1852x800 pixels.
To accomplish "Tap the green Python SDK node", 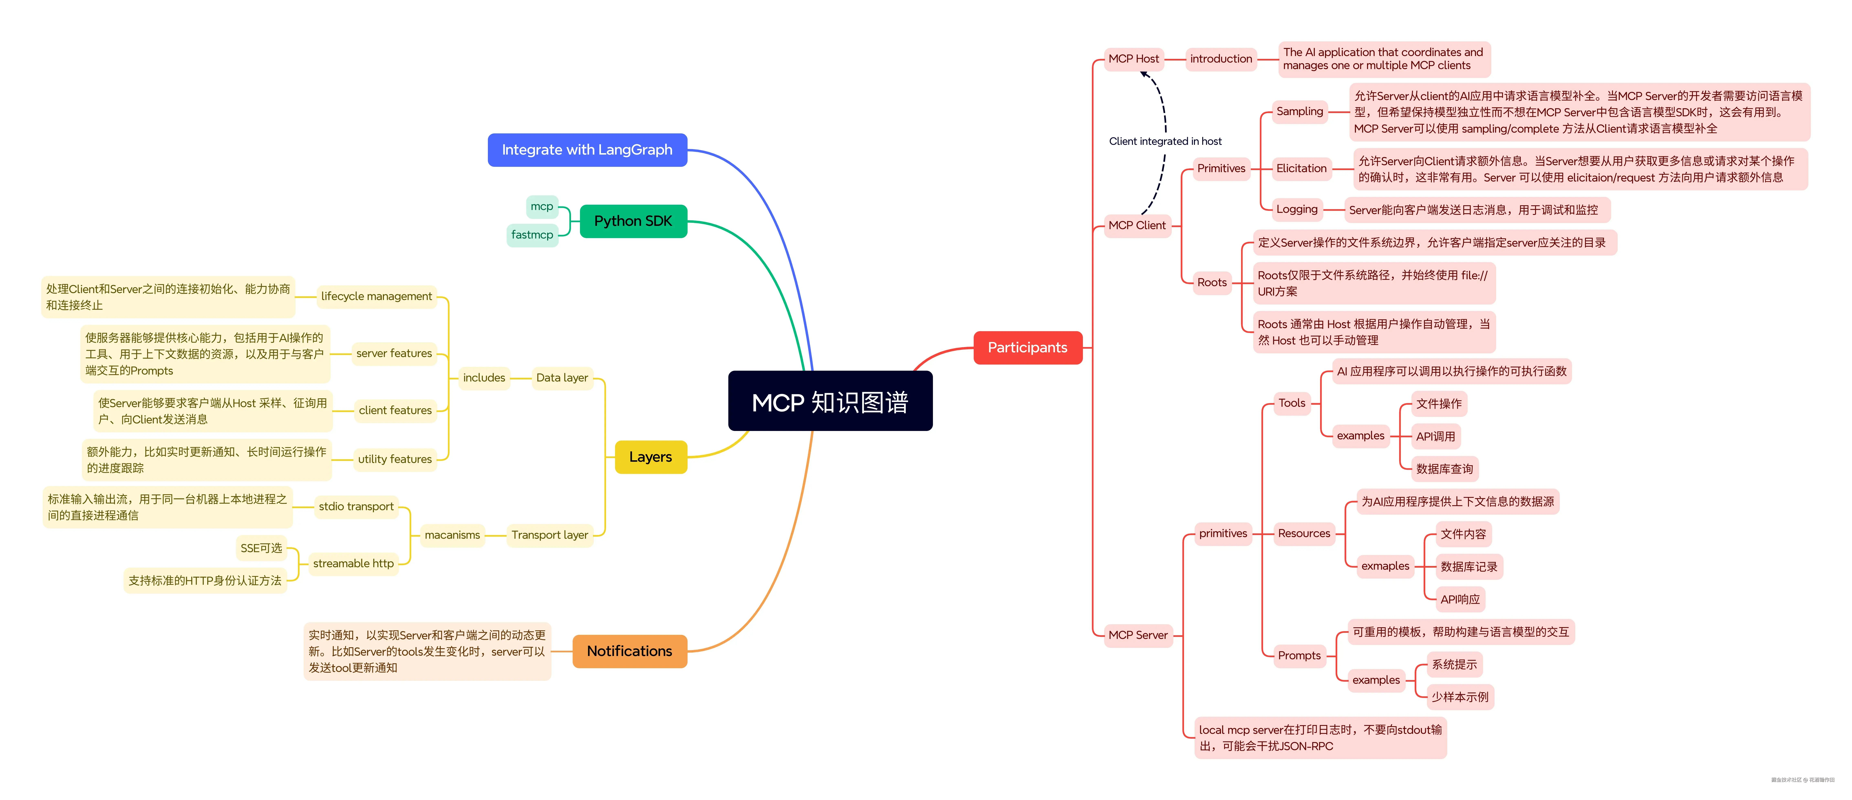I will point(633,221).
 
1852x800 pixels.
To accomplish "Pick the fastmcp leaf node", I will point(532,234).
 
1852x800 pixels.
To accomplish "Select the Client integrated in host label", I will point(1165,141).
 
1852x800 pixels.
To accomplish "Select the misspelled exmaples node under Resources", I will point(1385,566).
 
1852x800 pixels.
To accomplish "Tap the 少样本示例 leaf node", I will point(1460,697).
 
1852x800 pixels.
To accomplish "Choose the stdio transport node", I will point(356,506).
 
